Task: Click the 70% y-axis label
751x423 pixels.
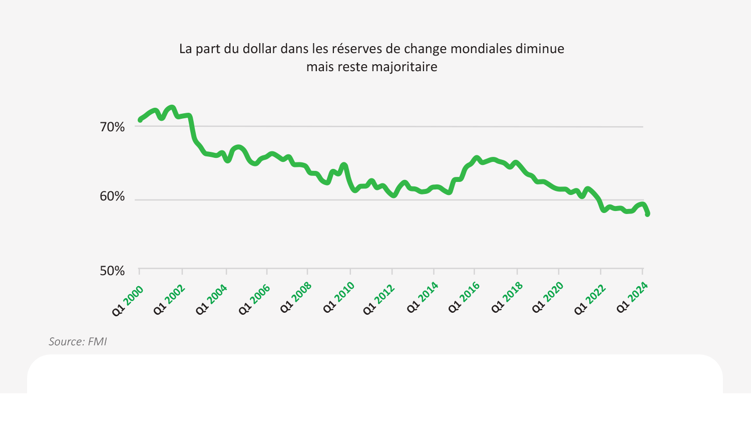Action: tap(112, 127)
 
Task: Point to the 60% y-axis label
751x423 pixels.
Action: tap(112, 196)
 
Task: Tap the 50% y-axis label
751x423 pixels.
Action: tap(112, 271)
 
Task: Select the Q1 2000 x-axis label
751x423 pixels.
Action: tap(128, 301)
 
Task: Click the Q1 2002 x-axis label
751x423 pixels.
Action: tap(169, 301)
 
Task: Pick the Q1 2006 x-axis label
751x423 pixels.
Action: tap(254, 301)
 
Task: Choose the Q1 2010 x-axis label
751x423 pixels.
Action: tap(339, 301)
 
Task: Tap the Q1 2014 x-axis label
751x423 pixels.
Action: tap(423, 301)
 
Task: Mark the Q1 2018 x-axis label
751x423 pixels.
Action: tap(507, 301)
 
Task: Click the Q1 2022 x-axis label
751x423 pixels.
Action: tap(590, 301)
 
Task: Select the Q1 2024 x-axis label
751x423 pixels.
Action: tap(632, 301)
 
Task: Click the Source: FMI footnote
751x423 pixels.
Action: tap(78, 342)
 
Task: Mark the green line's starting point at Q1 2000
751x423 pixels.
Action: tap(140, 120)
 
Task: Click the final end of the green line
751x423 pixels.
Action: tap(647, 214)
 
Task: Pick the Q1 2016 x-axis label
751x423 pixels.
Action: tap(464, 301)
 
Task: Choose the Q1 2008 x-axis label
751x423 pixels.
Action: tap(296, 301)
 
